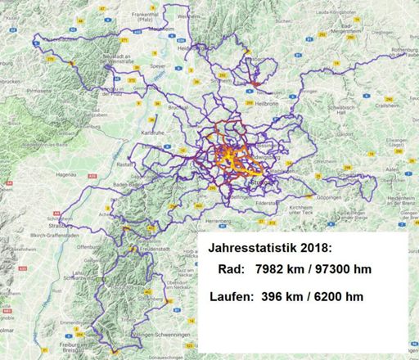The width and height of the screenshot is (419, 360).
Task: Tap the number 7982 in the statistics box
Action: click(273, 270)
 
